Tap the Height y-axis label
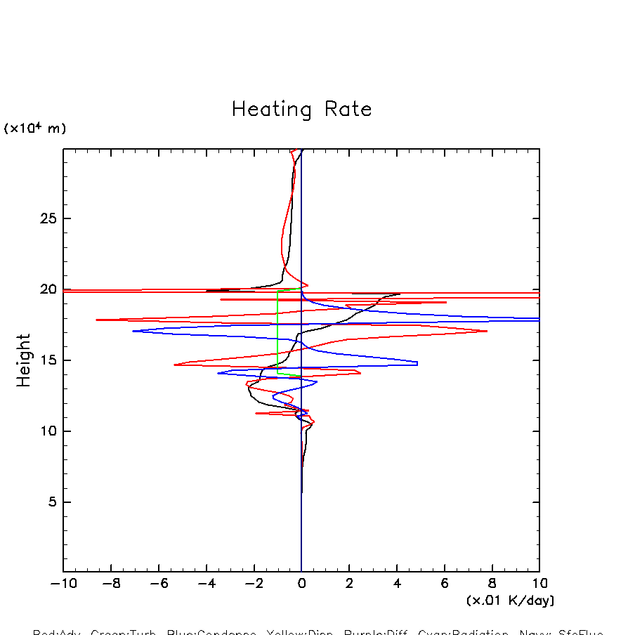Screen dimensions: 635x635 [x=25, y=360]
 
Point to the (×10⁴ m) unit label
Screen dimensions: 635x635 [x=35, y=129]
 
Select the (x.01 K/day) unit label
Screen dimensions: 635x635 [x=510, y=601]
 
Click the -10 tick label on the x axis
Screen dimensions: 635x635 [x=63, y=584]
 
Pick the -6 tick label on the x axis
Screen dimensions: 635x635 [x=158, y=584]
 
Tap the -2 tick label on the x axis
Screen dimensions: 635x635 [x=253, y=584]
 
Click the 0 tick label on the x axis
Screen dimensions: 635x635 [x=301, y=584]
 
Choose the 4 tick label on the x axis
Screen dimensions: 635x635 [x=397, y=584]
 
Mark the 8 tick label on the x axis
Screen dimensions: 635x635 [x=492, y=584]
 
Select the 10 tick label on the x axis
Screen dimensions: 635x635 [x=539, y=584]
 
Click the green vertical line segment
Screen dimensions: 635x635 [x=278, y=327]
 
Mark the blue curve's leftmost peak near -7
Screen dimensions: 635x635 [x=133, y=331]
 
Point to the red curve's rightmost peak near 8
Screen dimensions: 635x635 [x=486, y=331]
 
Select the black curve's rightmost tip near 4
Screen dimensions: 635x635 [x=399, y=294]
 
